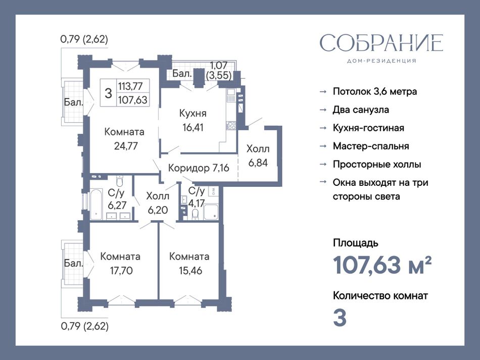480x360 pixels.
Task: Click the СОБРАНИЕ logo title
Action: point(381,42)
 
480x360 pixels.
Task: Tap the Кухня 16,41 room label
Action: point(193,120)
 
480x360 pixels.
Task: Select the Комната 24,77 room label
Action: point(124,139)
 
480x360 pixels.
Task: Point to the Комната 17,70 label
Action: point(120,264)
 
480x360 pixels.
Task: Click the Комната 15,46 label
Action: point(189,264)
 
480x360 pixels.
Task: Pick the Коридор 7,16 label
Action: point(199,168)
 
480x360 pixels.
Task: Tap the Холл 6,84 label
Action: point(258,156)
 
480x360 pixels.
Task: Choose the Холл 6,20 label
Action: point(158,203)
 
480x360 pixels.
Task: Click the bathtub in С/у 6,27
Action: point(95,204)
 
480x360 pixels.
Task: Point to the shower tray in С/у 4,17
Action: point(211,212)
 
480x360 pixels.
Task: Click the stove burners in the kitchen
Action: point(231,125)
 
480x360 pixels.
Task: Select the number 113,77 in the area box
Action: point(130,86)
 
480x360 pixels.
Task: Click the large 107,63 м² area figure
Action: point(382,265)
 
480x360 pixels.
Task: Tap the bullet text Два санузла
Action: point(361,110)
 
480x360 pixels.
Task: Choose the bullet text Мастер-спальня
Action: point(371,146)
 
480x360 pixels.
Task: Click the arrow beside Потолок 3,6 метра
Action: point(323,92)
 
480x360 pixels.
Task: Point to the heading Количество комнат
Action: point(380,296)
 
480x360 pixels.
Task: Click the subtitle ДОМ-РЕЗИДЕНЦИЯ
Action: point(381,61)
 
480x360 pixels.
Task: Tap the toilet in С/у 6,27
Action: point(120,181)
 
